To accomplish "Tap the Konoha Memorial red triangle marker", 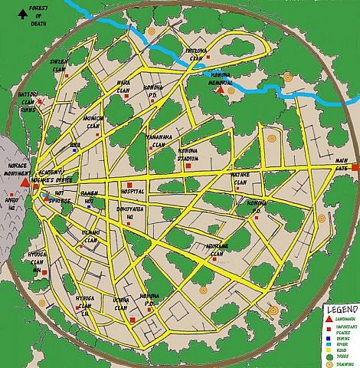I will pos(221,90).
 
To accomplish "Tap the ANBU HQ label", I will pos(11,202).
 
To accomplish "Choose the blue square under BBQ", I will pos(74,150).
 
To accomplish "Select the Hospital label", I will pos(132,192).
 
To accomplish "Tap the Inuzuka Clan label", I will pos(195,54).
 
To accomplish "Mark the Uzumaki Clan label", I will pos(90,234).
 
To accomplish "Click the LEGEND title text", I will pos(338,307).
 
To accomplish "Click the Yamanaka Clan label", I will pos(159,140).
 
